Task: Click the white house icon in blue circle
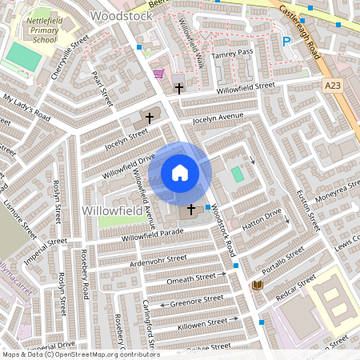tap(180, 173)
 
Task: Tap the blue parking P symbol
tap(286, 42)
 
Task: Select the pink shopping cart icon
tap(158, 74)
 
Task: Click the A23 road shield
tap(333, 83)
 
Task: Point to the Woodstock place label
tap(121, 15)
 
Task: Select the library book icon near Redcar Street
tap(258, 285)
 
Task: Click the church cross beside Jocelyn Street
tap(150, 118)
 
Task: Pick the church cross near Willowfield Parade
tap(190, 210)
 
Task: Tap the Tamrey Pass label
tap(232, 54)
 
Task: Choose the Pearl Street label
tap(102, 90)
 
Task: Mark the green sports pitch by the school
tap(24, 56)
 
